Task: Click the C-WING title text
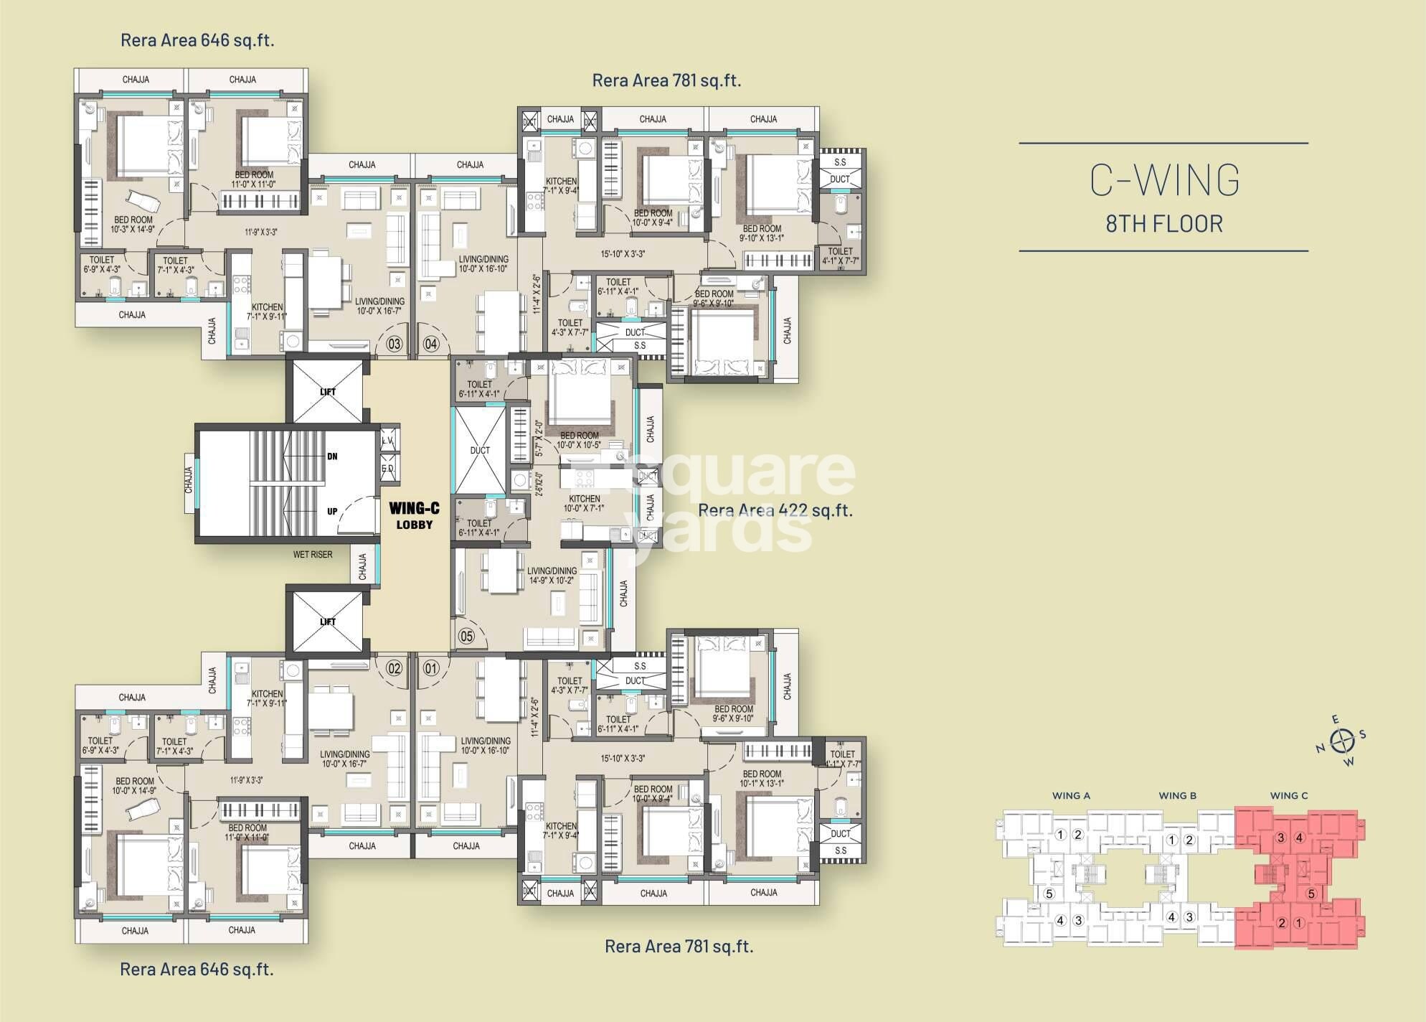(1164, 180)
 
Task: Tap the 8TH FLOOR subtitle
(1163, 224)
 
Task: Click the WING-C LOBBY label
(414, 515)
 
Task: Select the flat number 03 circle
(395, 344)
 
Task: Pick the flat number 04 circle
(431, 344)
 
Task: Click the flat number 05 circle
(467, 636)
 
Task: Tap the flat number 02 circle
(395, 669)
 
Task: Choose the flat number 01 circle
(431, 669)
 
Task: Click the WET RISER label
(313, 555)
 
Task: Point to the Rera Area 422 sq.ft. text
(775, 510)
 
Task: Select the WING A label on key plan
(1071, 795)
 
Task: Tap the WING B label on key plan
(1177, 795)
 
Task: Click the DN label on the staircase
(332, 456)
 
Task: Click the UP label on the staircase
(332, 512)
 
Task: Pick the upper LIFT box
(327, 392)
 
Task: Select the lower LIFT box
(327, 622)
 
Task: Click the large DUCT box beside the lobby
(480, 450)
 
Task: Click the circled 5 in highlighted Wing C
(1311, 894)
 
